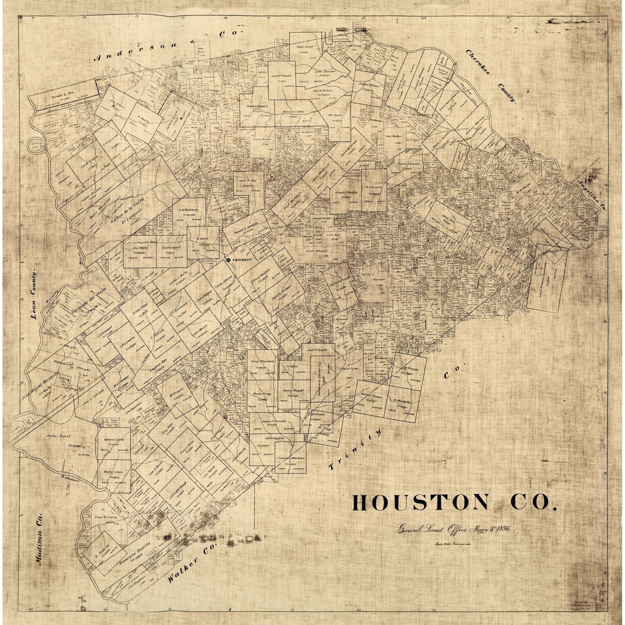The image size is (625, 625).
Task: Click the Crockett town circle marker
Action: coord(229,260)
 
